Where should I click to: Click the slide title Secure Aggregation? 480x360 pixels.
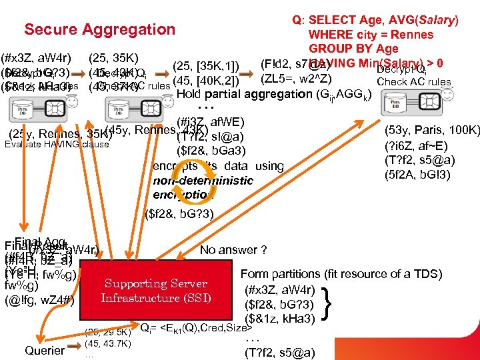point(99,29)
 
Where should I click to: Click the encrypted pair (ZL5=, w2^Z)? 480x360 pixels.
point(294,79)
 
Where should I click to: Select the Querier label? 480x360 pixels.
point(45,350)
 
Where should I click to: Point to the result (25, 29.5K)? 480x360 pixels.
point(109,331)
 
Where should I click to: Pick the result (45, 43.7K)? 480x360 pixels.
point(109,343)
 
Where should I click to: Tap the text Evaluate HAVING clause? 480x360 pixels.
point(57,144)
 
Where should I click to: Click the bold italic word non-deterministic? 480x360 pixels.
point(203,181)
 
